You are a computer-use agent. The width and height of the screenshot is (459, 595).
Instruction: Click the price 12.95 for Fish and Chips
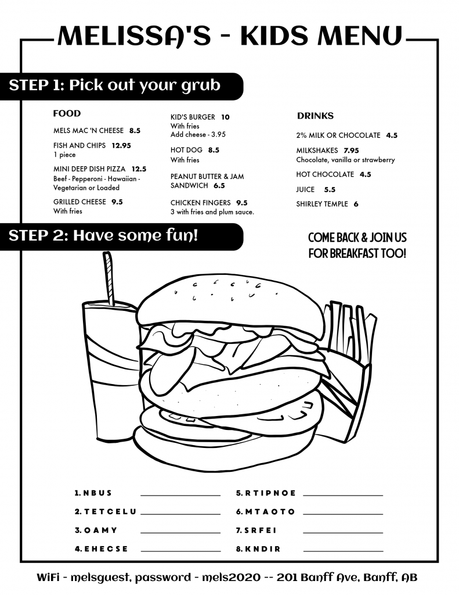click(x=121, y=145)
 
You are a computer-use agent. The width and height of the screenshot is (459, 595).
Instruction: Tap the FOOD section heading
click(x=67, y=113)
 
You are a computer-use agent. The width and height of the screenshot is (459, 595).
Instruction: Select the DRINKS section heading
click(x=315, y=116)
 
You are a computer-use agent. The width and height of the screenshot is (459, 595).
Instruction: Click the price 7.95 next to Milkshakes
click(x=351, y=150)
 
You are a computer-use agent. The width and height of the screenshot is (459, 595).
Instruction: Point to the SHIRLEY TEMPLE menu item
click(x=322, y=204)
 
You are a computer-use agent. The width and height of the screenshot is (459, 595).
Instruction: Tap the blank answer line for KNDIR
click(x=343, y=551)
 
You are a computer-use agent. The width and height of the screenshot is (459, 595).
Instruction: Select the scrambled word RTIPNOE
click(x=270, y=493)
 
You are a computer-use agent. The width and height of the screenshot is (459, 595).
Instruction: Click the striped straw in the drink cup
click(x=109, y=278)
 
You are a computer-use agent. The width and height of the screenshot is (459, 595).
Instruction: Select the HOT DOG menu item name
click(x=186, y=150)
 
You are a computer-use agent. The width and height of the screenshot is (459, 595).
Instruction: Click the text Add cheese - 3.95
click(x=198, y=134)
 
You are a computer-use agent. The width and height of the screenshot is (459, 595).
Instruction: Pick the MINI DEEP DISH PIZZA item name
click(x=89, y=169)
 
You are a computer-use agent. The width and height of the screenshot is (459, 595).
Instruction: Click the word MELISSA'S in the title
click(x=134, y=36)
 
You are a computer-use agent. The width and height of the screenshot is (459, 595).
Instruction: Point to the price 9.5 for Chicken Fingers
click(x=242, y=203)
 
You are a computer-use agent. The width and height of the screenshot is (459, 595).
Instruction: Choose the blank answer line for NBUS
click(x=180, y=495)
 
